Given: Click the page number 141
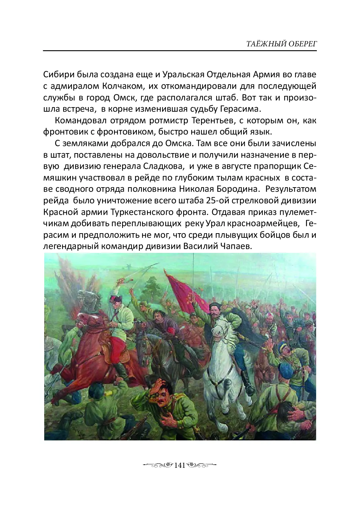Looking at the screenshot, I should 179,465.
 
